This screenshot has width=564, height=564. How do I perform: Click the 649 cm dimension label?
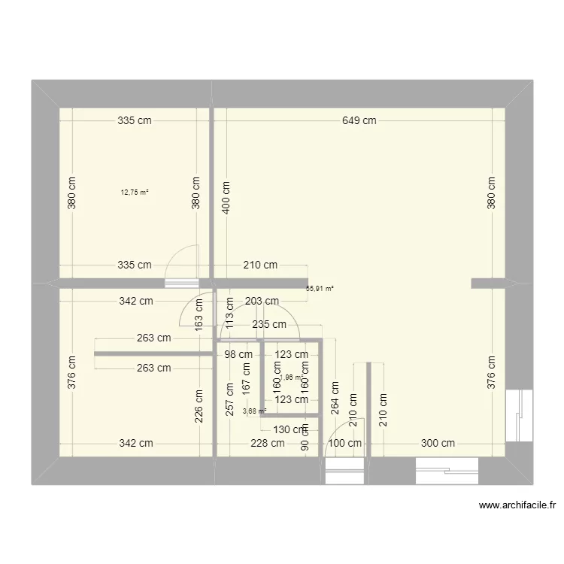point(359,120)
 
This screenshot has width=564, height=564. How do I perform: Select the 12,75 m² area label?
point(135,192)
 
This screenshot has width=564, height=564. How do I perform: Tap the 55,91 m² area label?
point(320,287)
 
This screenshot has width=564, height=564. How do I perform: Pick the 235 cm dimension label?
point(268,325)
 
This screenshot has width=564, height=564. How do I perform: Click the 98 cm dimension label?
point(235,354)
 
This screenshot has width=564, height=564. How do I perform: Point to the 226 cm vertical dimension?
point(199,406)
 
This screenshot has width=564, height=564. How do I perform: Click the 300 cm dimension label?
point(438,444)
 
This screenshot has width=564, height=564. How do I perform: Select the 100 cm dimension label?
point(344,444)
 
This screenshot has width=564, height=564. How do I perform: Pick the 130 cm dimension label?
point(290,430)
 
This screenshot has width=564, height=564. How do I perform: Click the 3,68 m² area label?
point(255,411)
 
